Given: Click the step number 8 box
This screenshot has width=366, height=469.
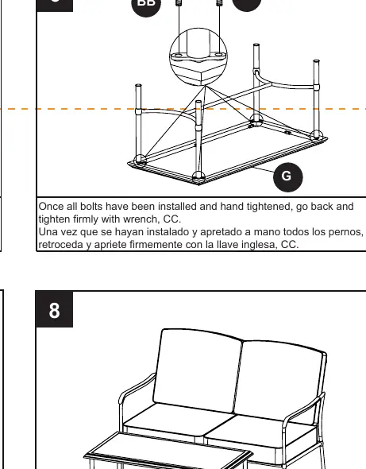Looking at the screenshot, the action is (54, 309).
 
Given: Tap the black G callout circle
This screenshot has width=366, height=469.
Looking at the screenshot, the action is (287, 177).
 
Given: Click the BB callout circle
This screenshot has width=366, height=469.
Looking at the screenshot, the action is (146, 4).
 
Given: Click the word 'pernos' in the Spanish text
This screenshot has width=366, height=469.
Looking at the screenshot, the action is (346, 232).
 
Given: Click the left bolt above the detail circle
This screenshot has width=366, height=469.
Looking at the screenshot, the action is (179, 3).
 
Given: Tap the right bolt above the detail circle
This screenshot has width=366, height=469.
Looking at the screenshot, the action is (219, 3).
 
